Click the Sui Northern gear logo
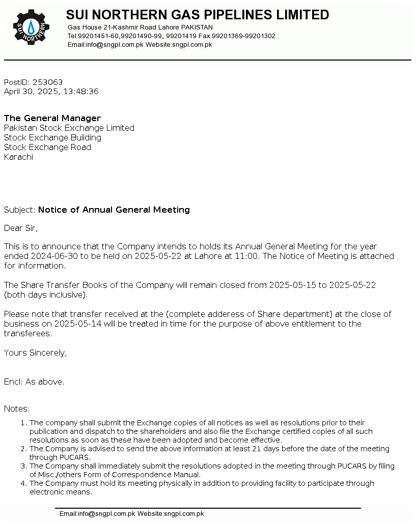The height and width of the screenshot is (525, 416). (31, 26)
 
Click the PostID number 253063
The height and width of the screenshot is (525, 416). (47, 82)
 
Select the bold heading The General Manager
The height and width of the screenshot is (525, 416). (52, 119)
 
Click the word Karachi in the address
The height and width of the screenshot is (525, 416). (18, 157)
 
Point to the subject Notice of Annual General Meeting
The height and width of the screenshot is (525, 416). (114, 210)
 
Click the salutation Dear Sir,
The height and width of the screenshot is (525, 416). (21, 228)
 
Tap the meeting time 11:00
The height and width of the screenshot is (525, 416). (246, 256)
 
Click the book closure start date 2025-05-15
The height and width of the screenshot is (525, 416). (292, 285)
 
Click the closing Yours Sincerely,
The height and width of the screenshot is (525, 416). (35, 353)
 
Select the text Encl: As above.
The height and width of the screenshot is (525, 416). (34, 382)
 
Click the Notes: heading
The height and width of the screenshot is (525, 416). (17, 409)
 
